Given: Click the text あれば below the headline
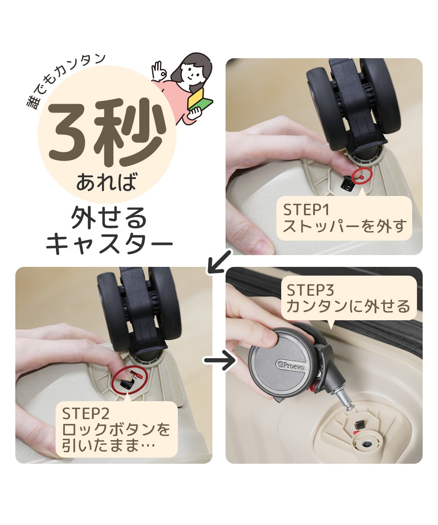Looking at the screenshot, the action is pos(106,182).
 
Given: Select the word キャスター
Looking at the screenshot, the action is pos(109,243).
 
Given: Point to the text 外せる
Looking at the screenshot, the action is pos(109,218).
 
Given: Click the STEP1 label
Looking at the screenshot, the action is pos(306,210).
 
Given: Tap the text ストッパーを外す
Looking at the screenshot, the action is pos(345,226).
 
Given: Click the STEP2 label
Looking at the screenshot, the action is pos(85,413).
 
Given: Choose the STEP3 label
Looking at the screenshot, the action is pos(310,290).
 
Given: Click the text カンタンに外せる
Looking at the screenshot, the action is pos(348,306).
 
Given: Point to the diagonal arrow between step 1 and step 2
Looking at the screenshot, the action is pos(219,262).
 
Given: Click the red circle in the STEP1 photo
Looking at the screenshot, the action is pos(361,176).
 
